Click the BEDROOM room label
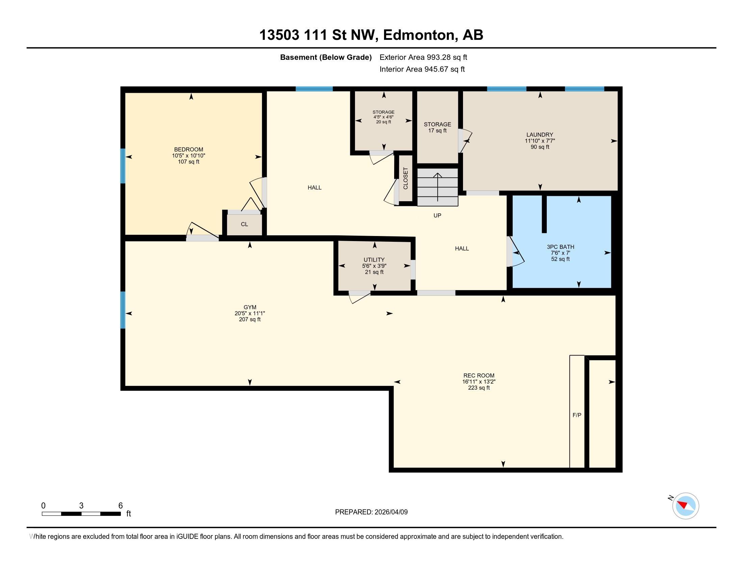pos(188,150)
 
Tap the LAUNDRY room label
pos(540,135)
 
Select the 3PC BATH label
pos(560,247)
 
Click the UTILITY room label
pos(374,260)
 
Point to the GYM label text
pos(250,307)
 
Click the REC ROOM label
pos(479,376)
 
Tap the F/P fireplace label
pos(577,415)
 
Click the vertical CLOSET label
pos(406,178)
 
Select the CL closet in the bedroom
pos(244,225)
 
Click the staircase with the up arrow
pos(437,187)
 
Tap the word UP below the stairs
pos(437,216)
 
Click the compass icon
pos(685,506)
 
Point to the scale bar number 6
pos(121,506)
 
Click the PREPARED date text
pos(371,512)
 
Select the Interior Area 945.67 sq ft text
pos(422,69)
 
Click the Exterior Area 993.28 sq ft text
pos(423,57)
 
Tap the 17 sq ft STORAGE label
pos(437,128)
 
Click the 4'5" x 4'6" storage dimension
pos(383,117)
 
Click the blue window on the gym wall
pos(123,310)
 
